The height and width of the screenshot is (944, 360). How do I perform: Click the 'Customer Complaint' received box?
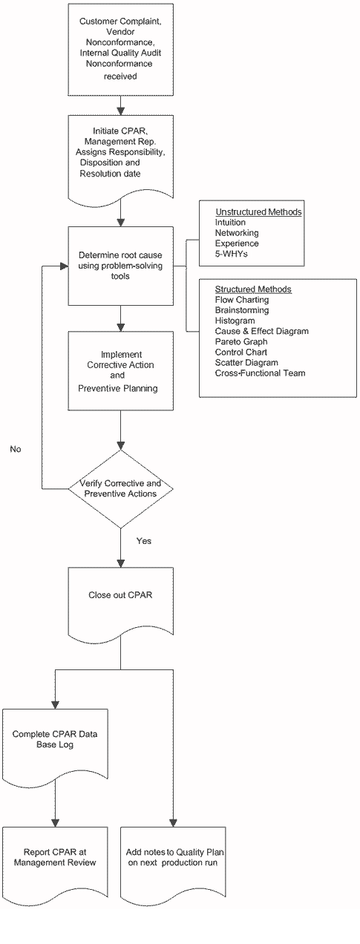(x=120, y=50)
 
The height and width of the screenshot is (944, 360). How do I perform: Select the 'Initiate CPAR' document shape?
(x=120, y=160)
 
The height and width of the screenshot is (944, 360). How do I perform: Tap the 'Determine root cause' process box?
(x=120, y=266)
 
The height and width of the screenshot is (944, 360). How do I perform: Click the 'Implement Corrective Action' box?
(x=120, y=371)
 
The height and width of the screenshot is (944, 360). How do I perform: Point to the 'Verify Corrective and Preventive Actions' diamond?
(x=120, y=489)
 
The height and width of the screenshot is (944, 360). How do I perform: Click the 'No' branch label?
(x=16, y=449)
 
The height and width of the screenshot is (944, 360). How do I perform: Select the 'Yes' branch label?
(x=144, y=541)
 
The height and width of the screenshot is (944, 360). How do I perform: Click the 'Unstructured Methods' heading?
(x=258, y=212)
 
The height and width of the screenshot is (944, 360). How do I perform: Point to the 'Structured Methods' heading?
(x=253, y=289)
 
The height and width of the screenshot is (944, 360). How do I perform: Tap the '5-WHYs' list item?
(x=231, y=254)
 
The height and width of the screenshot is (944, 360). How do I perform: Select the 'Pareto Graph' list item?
(x=241, y=342)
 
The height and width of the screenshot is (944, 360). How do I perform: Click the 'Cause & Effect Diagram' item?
(x=262, y=331)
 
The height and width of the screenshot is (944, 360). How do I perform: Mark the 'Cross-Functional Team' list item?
(x=260, y=373)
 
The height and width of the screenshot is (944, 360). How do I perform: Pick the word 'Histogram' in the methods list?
(x=235, y=321)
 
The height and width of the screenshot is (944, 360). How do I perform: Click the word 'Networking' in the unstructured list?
(x=237, y=233)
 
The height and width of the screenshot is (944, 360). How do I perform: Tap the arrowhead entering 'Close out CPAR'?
(x=120, y=563)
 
